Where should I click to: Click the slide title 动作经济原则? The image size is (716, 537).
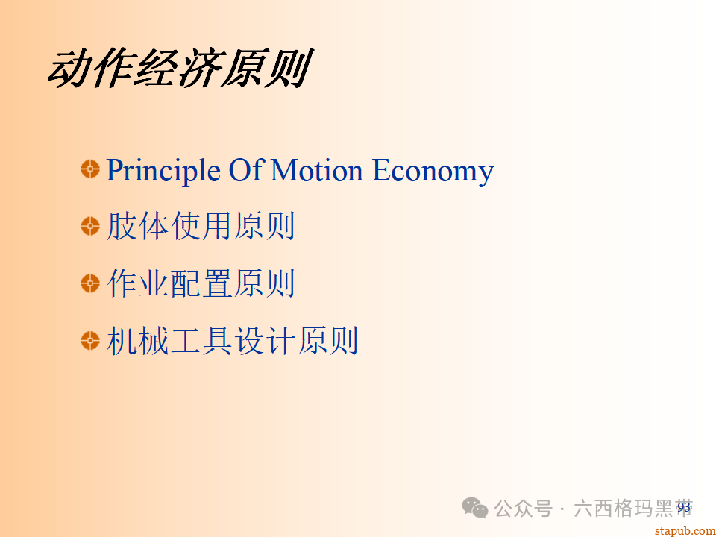tap(178, 70)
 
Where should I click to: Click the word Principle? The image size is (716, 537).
tap(163, 171)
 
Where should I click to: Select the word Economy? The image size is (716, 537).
tap(433, 171)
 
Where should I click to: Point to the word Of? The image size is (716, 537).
tap(245, 171)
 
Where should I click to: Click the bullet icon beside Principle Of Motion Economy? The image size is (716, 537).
tap(89, 169)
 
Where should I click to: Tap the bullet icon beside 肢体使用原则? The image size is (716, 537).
tap(89, 226)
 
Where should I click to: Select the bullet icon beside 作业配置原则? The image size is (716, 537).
tap(89, 283)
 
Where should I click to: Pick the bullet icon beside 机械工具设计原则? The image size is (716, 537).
tap(89, 341)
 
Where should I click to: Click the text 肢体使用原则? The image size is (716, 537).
tap(201, 226)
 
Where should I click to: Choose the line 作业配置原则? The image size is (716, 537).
tap(201, 283)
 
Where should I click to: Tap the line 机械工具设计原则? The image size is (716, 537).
tap(233, 341)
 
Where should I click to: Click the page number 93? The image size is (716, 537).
tap(684, 507)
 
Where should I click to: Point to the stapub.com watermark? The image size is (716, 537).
tap(684, 530)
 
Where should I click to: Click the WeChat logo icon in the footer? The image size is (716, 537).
tap(475, 508)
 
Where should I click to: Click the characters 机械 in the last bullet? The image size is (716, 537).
tap(139, 341)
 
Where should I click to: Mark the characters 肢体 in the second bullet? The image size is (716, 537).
tap(139, 226)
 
